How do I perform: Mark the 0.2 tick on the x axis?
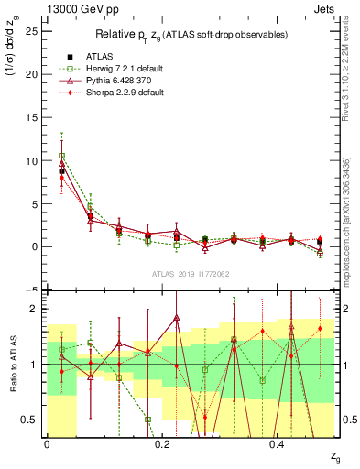pos(162,443)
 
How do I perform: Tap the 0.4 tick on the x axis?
pos(279,443)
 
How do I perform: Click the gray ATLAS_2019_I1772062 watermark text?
pos(190,274)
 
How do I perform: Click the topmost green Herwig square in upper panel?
pos(61,156)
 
